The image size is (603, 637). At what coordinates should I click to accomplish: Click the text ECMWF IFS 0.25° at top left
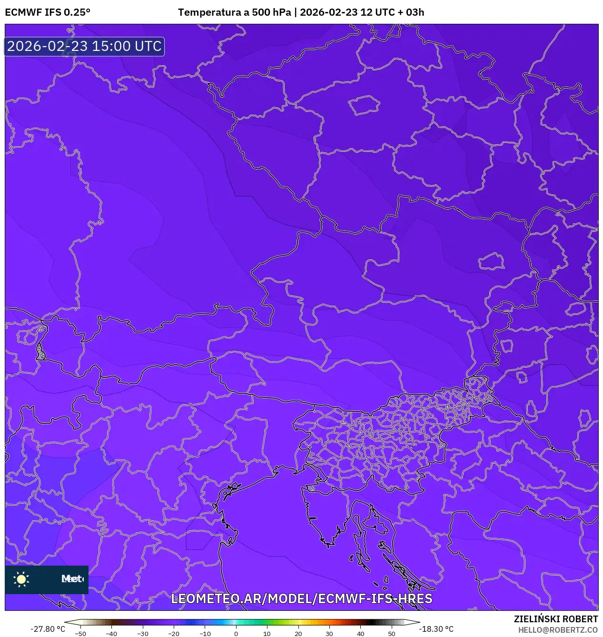pos(48,12)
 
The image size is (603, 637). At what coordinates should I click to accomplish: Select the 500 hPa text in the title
pos(271,12)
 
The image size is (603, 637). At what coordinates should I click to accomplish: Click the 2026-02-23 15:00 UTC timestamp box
pos(84,46)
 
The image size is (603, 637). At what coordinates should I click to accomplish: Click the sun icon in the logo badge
pos(21,579)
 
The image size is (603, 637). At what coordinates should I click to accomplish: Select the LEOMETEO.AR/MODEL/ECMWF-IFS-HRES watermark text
pos(301,598)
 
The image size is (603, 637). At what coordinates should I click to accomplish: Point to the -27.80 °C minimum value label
pos(48,629)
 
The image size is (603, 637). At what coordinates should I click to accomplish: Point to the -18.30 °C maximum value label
pos(436,629)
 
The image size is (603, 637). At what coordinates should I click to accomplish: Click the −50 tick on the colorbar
pos(80,634)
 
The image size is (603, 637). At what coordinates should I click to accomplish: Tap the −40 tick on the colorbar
pos(111,634)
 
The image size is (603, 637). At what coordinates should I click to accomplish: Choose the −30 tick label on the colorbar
pos(143,634)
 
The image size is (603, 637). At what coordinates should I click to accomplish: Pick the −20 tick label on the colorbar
pos(174,634)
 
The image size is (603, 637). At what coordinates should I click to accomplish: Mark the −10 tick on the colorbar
pos(205,634)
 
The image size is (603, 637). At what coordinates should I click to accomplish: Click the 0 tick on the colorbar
pos(236,634)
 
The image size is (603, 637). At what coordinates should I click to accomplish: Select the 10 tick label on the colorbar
pos(267,634)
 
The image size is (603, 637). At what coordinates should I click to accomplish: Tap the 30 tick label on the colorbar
pos(329,634)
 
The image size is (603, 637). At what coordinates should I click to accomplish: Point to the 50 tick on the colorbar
pos(392,634)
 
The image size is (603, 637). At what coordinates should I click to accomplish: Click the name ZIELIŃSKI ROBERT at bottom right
pos(555,619)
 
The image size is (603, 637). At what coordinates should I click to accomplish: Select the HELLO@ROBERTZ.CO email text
pos(558,630)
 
